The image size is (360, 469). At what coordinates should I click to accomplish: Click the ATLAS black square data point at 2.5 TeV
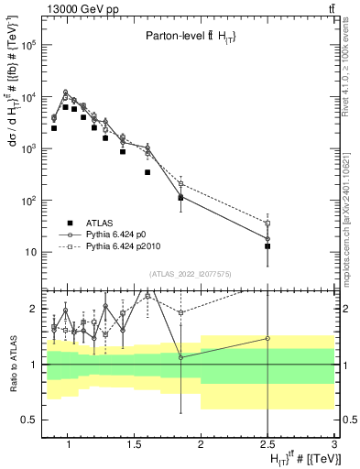267,246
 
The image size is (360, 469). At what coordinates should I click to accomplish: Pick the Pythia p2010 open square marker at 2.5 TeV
267,224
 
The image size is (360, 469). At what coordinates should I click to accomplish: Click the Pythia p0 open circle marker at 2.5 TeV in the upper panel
267,239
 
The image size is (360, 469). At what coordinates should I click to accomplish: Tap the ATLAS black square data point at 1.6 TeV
147,172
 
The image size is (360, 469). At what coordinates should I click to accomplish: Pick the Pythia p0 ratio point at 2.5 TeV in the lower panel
267,338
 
